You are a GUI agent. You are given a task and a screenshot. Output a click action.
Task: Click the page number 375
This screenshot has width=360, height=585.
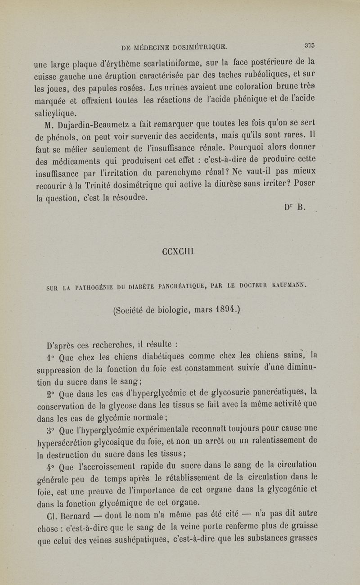click(x=309, y=45)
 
